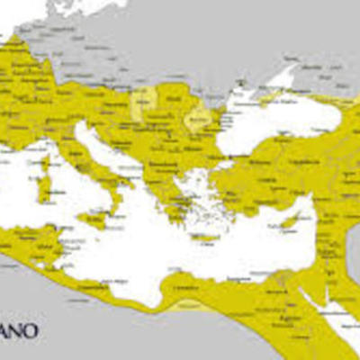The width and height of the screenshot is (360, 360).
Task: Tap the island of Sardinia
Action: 42,188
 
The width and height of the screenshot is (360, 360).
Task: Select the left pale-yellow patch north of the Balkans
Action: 141,104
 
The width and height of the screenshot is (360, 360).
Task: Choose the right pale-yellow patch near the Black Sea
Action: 197,118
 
